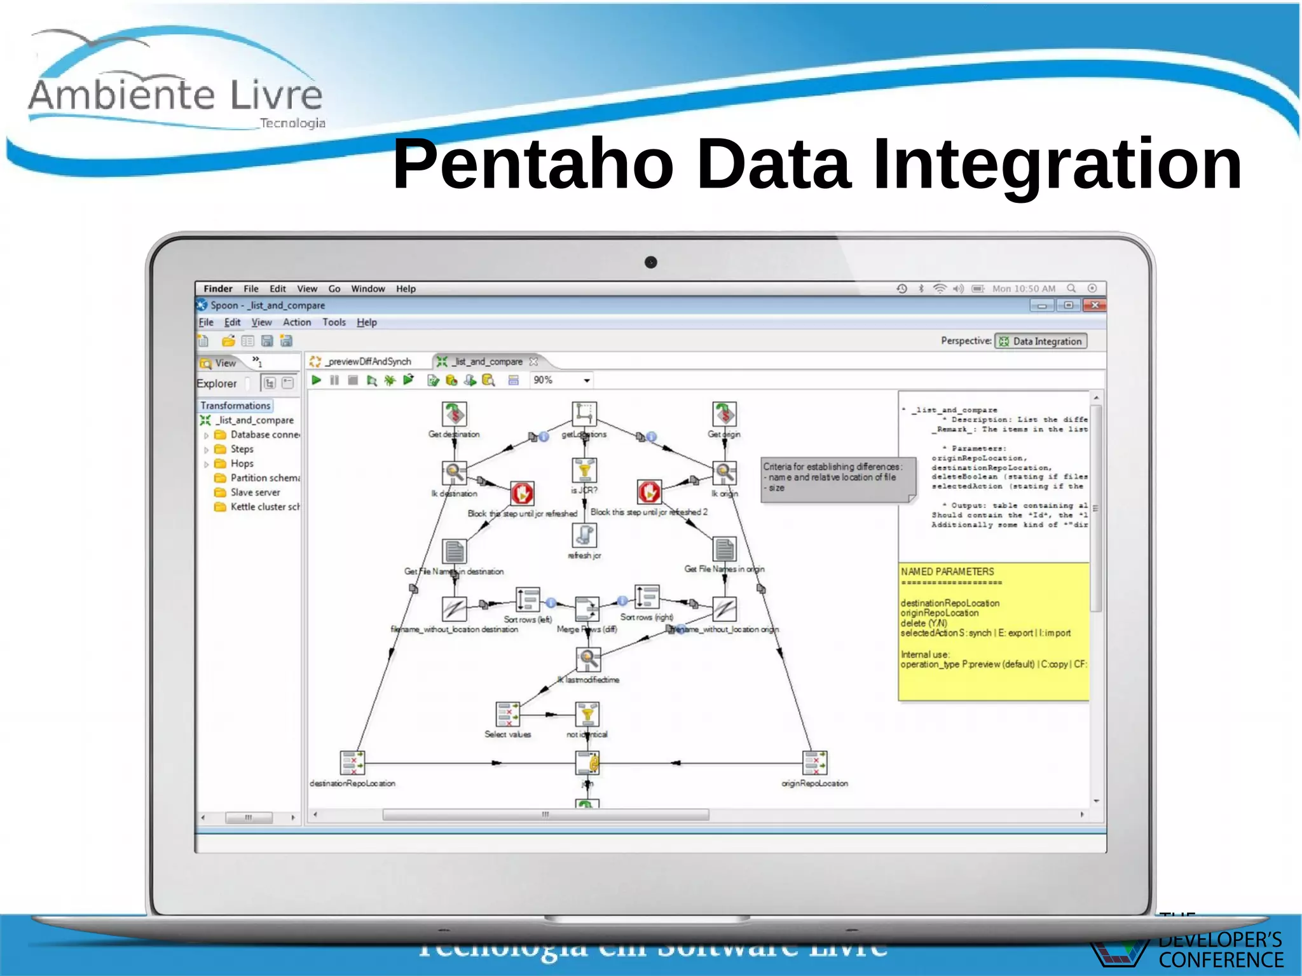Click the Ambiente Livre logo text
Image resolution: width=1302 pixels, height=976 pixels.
click(175, 95)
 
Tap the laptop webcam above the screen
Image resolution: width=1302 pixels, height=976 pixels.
click(650, 262)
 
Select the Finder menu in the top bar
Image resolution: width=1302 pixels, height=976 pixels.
click(217, 289)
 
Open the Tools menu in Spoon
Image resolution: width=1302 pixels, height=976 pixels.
click(334, 322)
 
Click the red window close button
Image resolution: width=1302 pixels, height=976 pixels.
click(1095, 305)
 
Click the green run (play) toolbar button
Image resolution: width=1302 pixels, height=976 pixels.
click(316, 380)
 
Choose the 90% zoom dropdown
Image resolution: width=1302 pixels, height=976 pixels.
click(561, 380)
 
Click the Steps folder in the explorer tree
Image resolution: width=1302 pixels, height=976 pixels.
click(242, 449)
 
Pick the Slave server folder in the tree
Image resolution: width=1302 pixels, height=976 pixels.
click(254, 492)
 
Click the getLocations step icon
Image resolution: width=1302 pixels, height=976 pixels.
click(584, 414)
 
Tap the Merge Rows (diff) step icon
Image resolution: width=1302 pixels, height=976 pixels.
click(587, 608)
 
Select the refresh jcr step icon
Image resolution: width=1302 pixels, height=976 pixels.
click(584, 535)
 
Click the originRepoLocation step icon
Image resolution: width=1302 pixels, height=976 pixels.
click(814, 762)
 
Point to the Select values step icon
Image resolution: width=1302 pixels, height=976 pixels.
click(507, 714)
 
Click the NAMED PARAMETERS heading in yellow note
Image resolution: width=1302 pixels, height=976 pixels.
click(947, 572)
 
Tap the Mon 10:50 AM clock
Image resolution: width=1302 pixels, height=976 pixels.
click(1024, 289)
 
